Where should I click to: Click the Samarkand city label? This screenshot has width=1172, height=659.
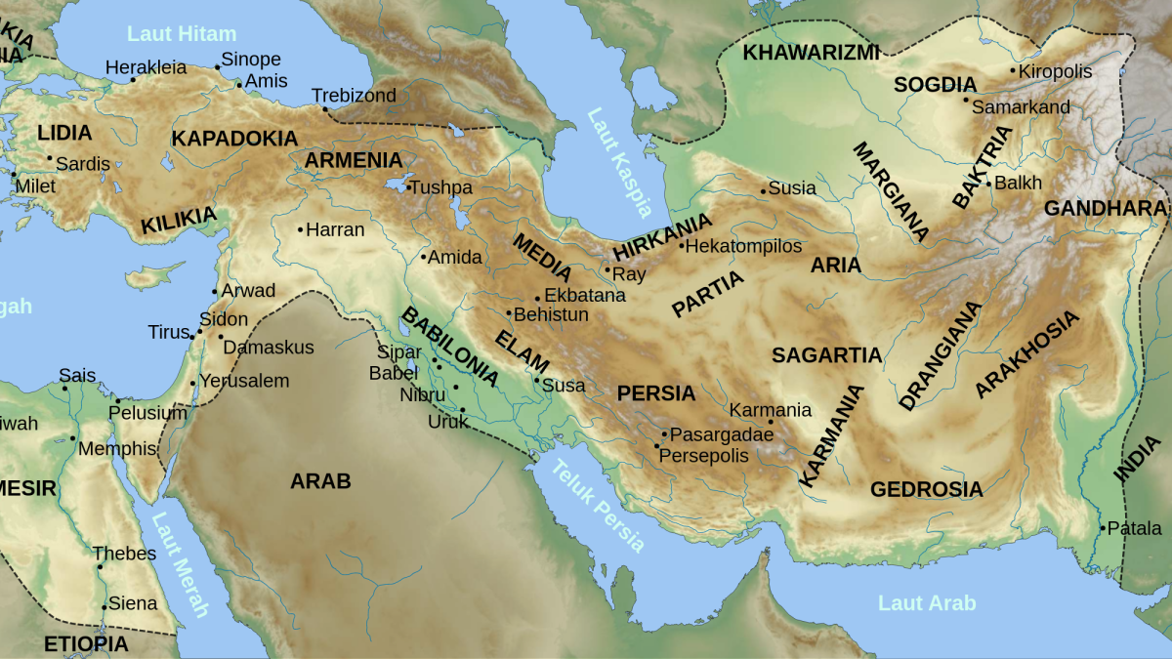pos(1021,107)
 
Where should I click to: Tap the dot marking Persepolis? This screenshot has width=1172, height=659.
pos(657,446)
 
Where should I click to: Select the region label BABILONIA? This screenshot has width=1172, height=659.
pos(450,348)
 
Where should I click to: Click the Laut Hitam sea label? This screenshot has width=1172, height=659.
pos(182,34)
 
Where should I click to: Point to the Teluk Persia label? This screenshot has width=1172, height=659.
pos(599,506)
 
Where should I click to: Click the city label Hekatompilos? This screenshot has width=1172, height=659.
pos(743,247)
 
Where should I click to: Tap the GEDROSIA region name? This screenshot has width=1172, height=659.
pos(926,489)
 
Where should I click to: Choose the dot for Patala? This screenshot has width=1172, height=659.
pos(1103,528)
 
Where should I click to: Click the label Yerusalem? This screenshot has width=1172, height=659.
pos(245,381)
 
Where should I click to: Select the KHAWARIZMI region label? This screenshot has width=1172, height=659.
pos(811,53)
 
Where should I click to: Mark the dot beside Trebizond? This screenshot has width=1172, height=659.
pos(326,108)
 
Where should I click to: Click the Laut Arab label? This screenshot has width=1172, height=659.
pos(926,603)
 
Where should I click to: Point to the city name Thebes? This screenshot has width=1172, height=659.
pos(124,554)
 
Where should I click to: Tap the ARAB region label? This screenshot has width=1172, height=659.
pos(320,480)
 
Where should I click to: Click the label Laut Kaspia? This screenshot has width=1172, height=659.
pos(619,161)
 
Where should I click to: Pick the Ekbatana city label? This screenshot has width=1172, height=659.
pos(584,295)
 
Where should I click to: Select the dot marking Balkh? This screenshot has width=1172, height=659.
pos(988,184)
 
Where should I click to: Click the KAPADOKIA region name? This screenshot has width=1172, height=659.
pos(234,139)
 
